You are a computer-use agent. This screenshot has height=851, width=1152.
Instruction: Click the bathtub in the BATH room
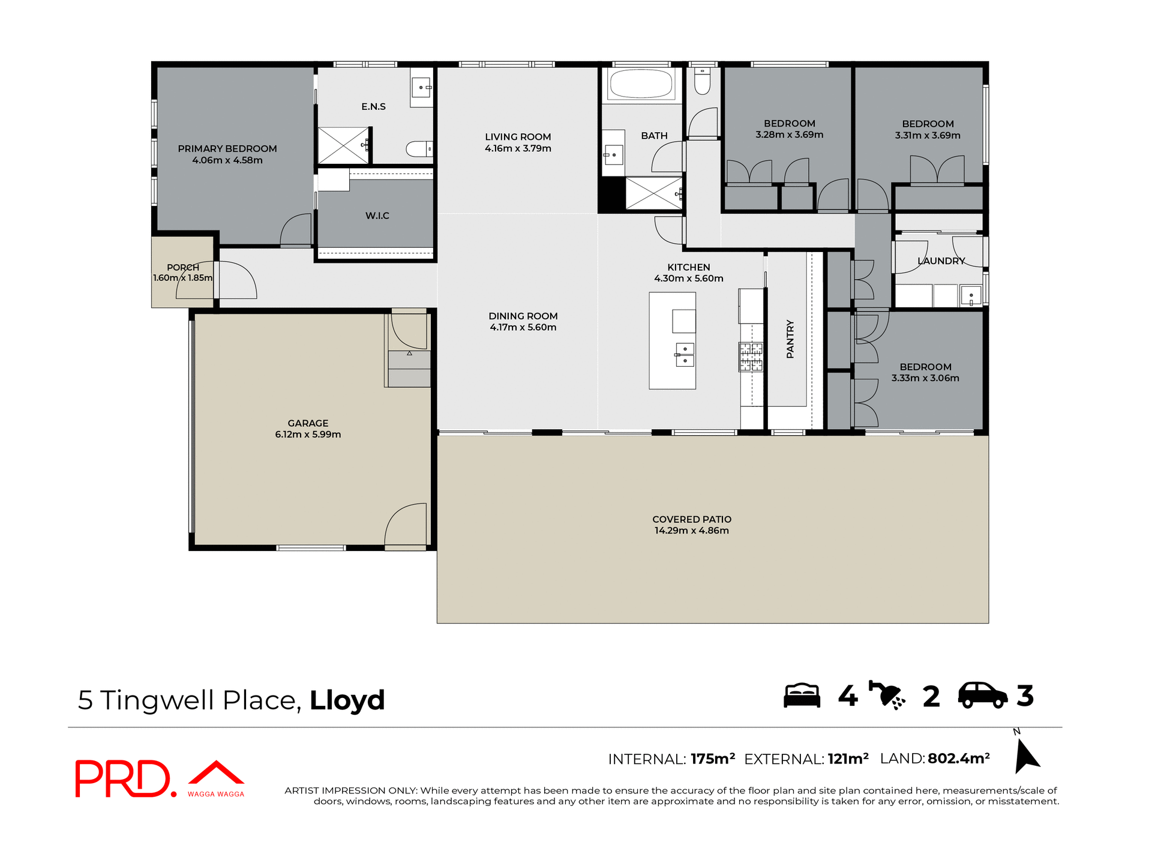pyautogui.click(x=640, y=84)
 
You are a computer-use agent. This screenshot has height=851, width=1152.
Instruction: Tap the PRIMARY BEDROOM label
pyautogui.click(x=227, y=148)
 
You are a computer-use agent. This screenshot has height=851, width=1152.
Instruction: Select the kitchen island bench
pyautogui.click(x=672, y=340)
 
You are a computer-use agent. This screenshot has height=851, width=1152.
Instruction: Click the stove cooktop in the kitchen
pyautogui.click(x=750, y=356)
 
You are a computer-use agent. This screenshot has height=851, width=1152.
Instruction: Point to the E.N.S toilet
pyautogui.click(x=419, y=148)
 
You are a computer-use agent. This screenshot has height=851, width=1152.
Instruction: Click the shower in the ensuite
pyautogui.click(x=343, y=145)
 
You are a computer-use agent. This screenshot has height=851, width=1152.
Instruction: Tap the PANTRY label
pyautogui.click(x=790, y=339)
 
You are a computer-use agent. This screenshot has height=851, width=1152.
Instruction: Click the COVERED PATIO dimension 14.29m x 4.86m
pyautogui.click(x=691, y=531)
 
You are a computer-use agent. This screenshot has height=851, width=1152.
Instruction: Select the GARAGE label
pyautogui.click(x=308, y=423)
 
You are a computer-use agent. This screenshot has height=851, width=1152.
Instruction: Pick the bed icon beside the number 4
pyautogui.click(x=802, y=696)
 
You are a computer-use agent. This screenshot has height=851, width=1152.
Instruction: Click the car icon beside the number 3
pyautogui.click(x=982, y=696)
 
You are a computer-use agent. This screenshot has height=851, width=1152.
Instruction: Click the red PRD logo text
pyautogui.click(x=123, y=778)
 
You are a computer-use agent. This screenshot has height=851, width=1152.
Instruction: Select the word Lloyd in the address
pyautogui.click(x=347, y=700)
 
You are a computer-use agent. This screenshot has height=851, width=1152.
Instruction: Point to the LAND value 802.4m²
pyautogui.click(x=958, y=759)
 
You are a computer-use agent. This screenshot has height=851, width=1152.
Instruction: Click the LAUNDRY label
pyautogui.click(x=941, y=261)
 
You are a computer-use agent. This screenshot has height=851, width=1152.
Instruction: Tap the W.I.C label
pyautogui.click(x=377, y=215)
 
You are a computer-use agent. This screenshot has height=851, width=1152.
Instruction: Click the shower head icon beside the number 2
pyautogui.click(x=887, y=696)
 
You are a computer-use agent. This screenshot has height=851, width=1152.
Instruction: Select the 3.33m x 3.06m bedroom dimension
pyautogui.click(x=925, y=378)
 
